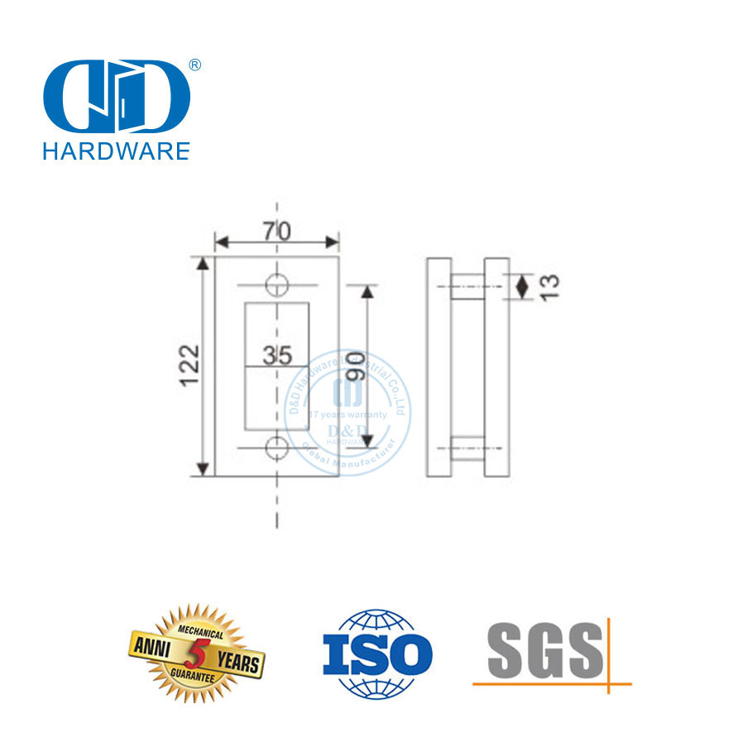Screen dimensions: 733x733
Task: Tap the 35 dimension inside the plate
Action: (x=277, y=356)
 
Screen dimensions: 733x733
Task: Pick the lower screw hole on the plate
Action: (x=277, y=448)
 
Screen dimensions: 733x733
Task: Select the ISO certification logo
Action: (x=376, y=654)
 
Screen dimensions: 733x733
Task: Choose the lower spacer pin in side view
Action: (x=467, y=448)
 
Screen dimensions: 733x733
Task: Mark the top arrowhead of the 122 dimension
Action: (x=201, y=263)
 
